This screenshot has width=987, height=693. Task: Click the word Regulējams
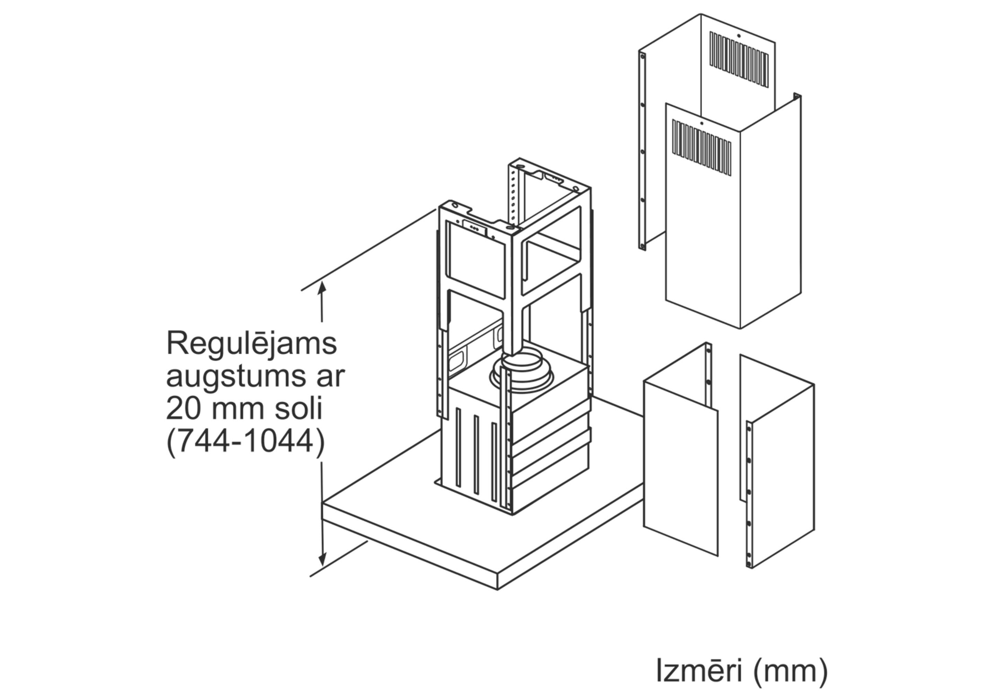pos(251,344)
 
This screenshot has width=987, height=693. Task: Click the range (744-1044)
pos(246,442)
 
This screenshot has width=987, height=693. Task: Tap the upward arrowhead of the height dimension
pos(321,287)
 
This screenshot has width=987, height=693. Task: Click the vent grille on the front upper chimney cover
pos(701,147)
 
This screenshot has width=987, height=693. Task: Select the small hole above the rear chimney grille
pos(738,36)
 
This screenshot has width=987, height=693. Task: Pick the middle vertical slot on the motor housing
pos(476,454)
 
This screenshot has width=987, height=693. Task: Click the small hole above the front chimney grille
pos(701,123)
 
